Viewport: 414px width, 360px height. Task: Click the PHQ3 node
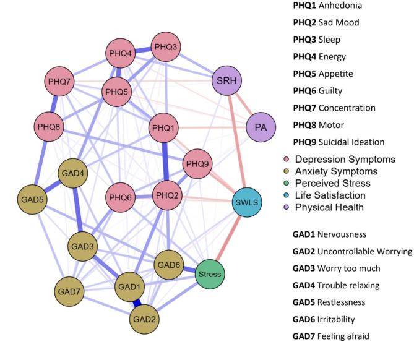click(166, 47)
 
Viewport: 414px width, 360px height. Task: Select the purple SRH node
click(227, 80)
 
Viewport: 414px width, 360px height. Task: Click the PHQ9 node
click(199, 164)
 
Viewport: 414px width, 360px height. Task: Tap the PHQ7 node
click(61, 81)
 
